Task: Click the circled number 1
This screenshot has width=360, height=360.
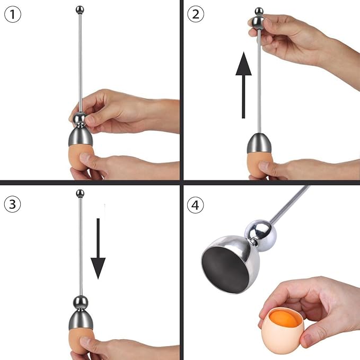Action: (x=13, y=14)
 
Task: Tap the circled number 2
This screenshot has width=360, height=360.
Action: (x=196, y=14)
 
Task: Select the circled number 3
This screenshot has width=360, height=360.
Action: (x=13, y=204)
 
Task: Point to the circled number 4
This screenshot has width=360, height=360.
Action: (x=196, y=204)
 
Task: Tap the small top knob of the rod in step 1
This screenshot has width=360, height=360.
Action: (x=80, y=9)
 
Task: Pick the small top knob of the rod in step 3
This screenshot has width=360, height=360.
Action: (x=80, y=194)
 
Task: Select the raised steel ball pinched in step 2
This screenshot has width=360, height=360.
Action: (x=258, y=22)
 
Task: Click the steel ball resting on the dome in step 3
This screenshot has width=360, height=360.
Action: (x=80, y=303)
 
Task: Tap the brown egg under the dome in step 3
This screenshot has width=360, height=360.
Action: (x=80, y=342)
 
